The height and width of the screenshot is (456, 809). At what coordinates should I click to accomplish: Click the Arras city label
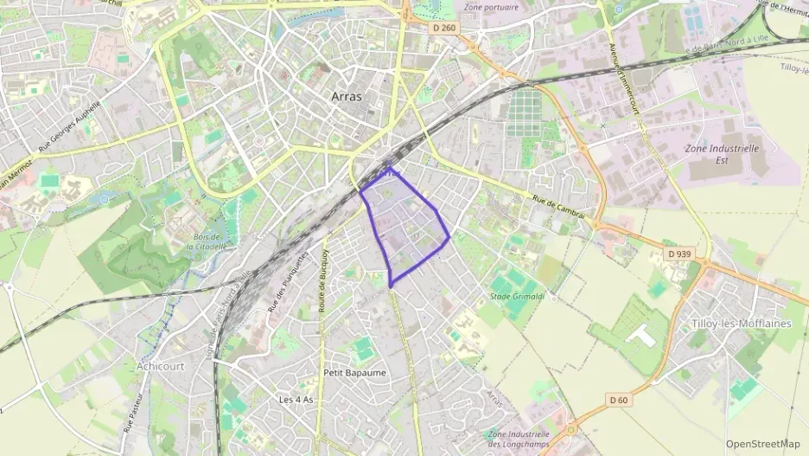point(347,97)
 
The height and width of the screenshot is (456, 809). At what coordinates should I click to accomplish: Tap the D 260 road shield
point(443,28)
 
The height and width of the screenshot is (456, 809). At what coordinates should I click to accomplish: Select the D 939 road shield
point(680,254)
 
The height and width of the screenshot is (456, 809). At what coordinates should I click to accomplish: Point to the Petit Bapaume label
point(354,372)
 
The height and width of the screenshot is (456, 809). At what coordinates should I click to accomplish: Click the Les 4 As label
point(296,400)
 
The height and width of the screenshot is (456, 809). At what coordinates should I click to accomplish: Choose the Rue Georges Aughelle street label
point(71,125)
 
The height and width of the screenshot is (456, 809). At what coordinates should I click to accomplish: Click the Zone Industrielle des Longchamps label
point(519,439)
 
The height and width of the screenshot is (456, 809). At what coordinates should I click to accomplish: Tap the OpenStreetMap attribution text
point(763,444)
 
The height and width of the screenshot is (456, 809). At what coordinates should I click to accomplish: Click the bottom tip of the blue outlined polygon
point(392,286)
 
